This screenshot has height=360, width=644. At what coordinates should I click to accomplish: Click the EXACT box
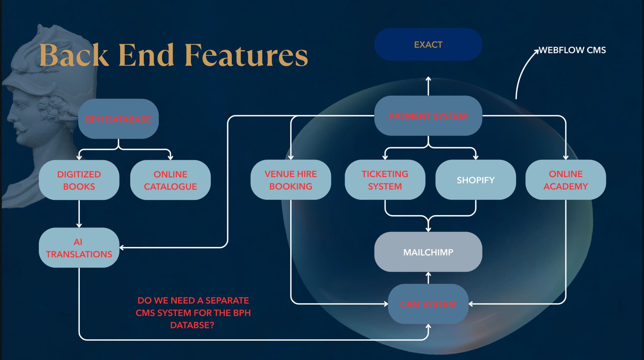428,45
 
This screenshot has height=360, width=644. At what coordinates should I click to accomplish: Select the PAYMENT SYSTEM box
428,116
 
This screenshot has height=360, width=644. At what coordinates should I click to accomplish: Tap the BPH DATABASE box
118,119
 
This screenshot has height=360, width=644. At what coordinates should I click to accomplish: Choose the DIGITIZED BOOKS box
79,180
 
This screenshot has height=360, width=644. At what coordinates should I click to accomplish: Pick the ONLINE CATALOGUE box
170,180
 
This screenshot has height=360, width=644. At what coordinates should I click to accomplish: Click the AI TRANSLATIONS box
79,248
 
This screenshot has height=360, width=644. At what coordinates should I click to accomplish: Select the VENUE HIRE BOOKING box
290,180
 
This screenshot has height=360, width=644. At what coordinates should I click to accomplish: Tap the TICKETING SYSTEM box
385,180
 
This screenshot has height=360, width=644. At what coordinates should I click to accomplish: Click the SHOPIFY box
475,180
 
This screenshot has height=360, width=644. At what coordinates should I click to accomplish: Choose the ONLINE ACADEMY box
566,180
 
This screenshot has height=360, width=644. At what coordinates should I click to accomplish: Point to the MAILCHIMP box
428,252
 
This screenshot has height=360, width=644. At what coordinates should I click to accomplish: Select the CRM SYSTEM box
428,304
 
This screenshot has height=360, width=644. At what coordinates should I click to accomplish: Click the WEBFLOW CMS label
572,50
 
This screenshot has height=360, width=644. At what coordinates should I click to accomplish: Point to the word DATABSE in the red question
192,325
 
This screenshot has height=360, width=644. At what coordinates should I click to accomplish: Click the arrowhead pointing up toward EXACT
428,79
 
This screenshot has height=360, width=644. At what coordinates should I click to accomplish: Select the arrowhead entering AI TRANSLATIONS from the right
122,248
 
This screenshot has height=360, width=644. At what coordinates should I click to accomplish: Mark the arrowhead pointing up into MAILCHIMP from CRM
428,274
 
